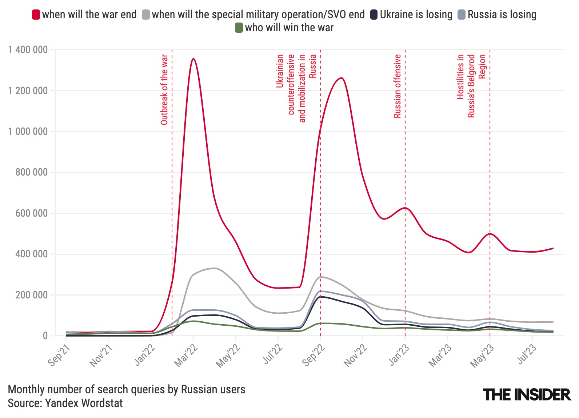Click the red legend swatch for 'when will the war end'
36,15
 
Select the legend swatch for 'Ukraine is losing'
374,15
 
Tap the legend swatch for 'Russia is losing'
461,15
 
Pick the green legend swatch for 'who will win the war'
239,28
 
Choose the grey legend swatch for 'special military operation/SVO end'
145,15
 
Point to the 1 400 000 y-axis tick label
28,50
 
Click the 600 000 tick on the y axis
32,213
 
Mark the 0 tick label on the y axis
45,336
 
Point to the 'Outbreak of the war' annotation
164,89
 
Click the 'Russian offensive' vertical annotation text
398,86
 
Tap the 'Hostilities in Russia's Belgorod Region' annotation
471,86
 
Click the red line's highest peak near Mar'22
193,59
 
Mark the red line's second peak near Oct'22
341,78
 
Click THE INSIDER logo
527,394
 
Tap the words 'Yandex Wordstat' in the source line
84,403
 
